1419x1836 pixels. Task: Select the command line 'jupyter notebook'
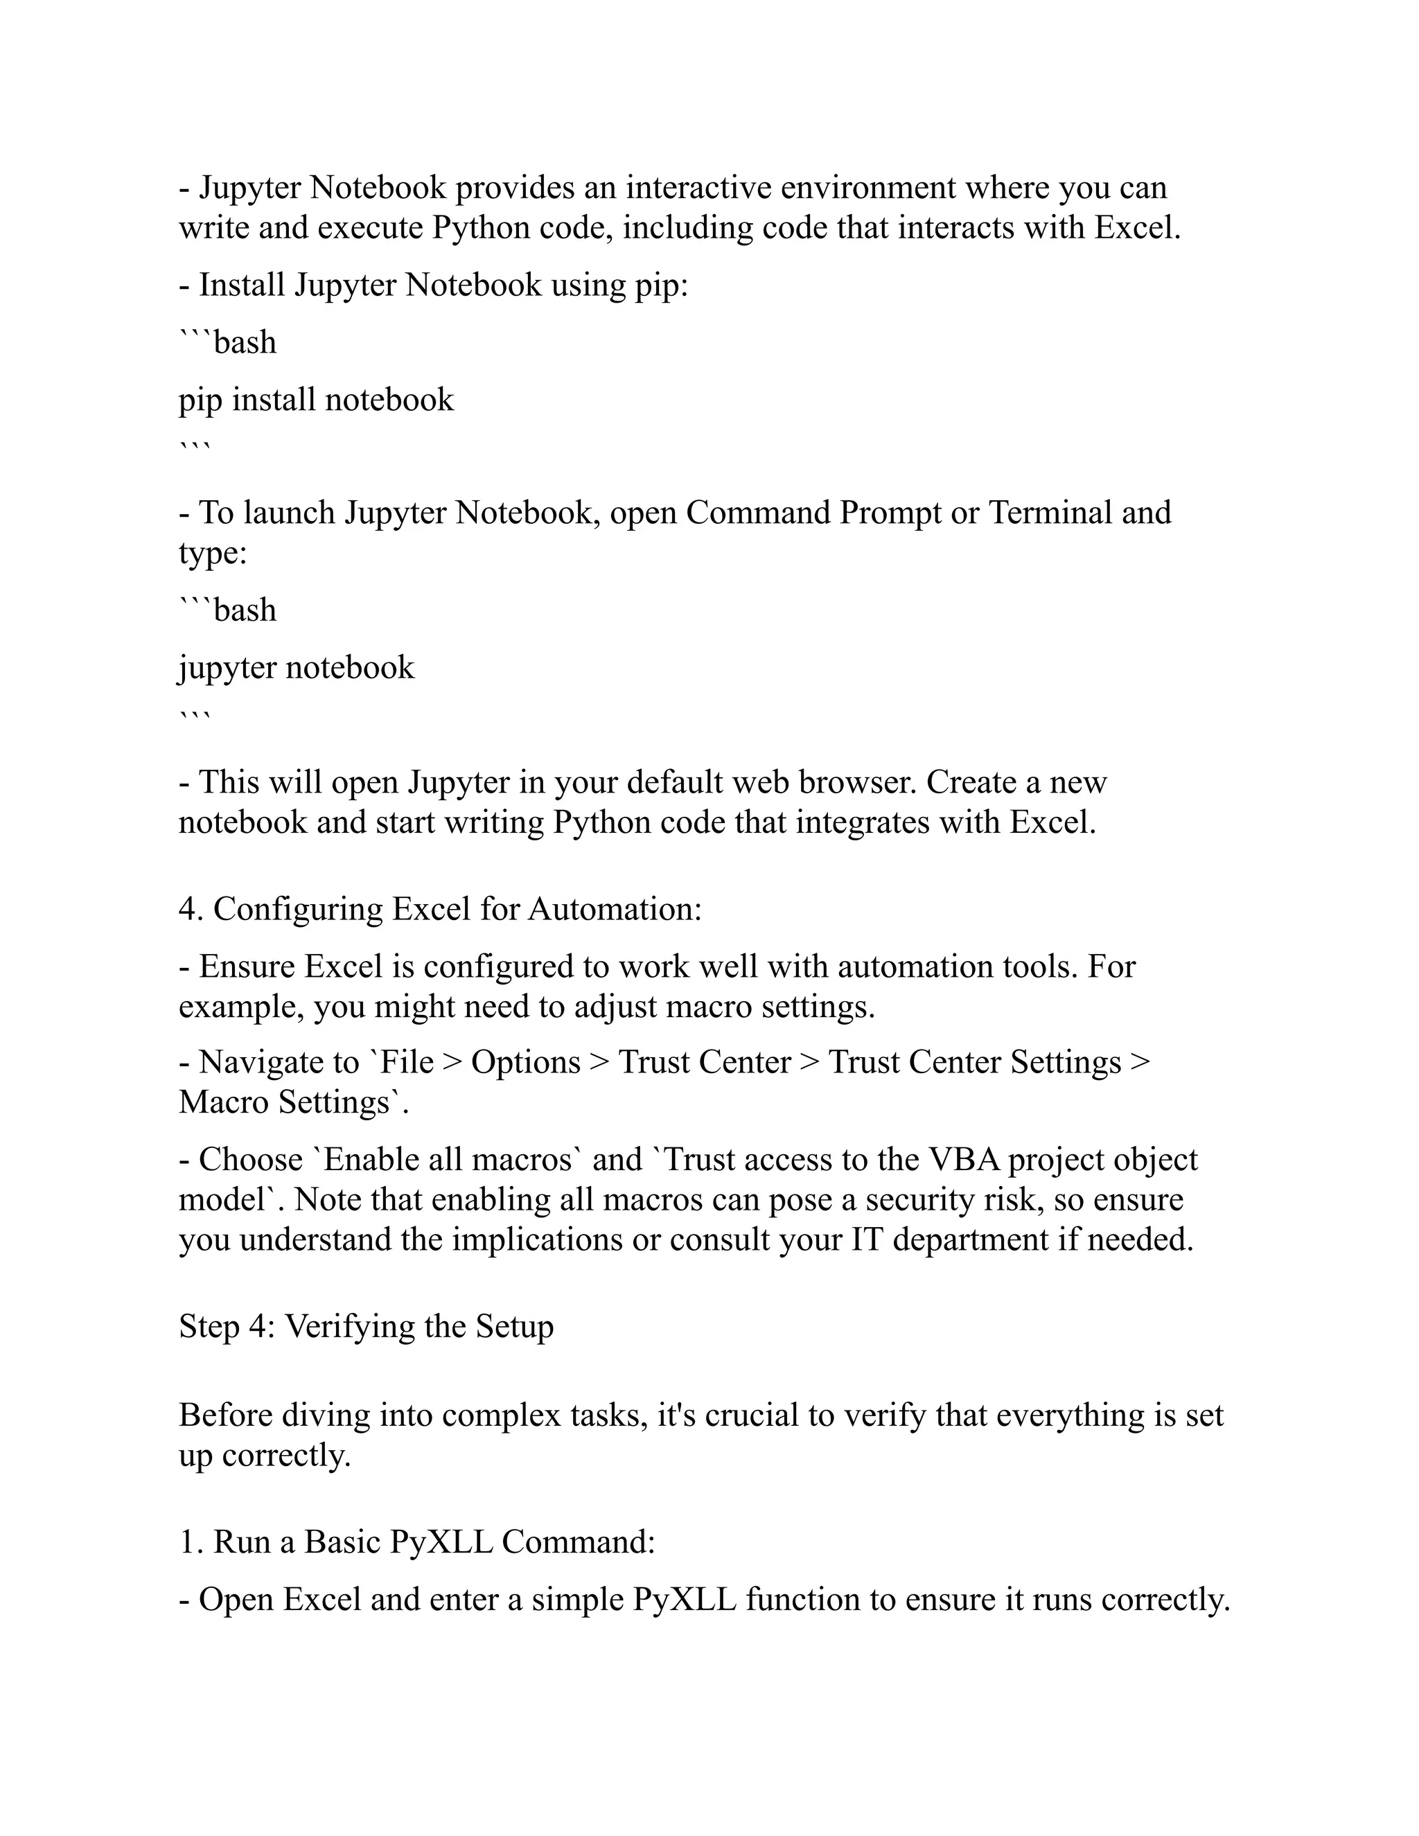coord(296,667)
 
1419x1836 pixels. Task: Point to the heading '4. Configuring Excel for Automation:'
coord(440,909)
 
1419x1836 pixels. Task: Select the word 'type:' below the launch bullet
coord(213,552)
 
